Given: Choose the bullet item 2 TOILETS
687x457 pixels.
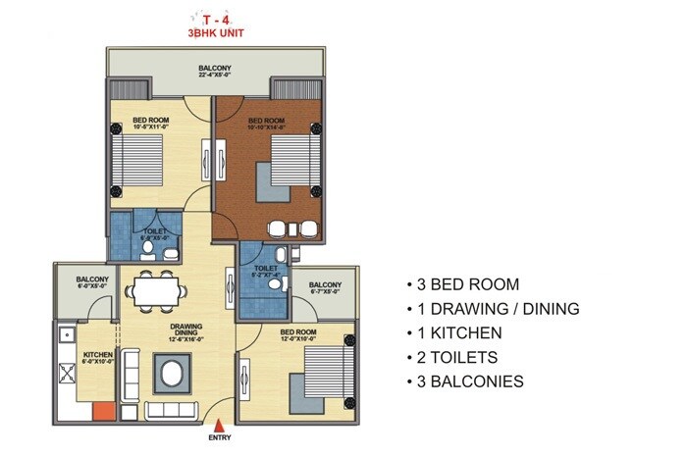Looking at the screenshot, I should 459,357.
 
